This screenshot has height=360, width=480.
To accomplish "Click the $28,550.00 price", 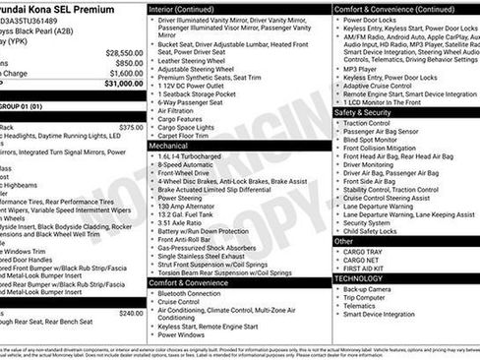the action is pos(124,52).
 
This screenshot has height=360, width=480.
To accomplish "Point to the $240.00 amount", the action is pos(130,313).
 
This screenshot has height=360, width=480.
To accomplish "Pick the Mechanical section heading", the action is pos(168,144).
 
